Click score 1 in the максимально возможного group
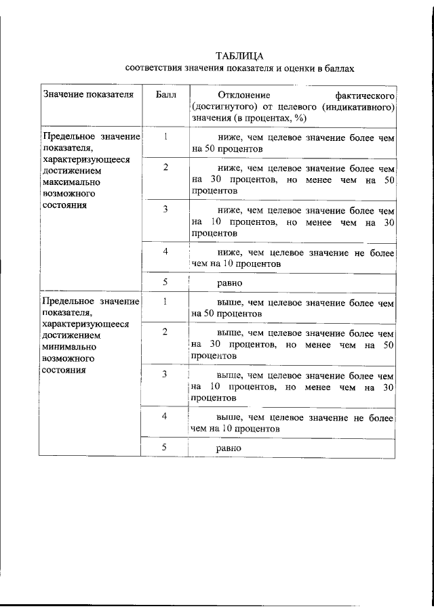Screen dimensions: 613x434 (x=165, y=136)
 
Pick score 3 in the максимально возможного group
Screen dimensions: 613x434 (x=165, y=209)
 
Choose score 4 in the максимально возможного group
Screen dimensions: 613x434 (x=165, y=251)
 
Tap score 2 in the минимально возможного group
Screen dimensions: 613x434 (x=165, y=331)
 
